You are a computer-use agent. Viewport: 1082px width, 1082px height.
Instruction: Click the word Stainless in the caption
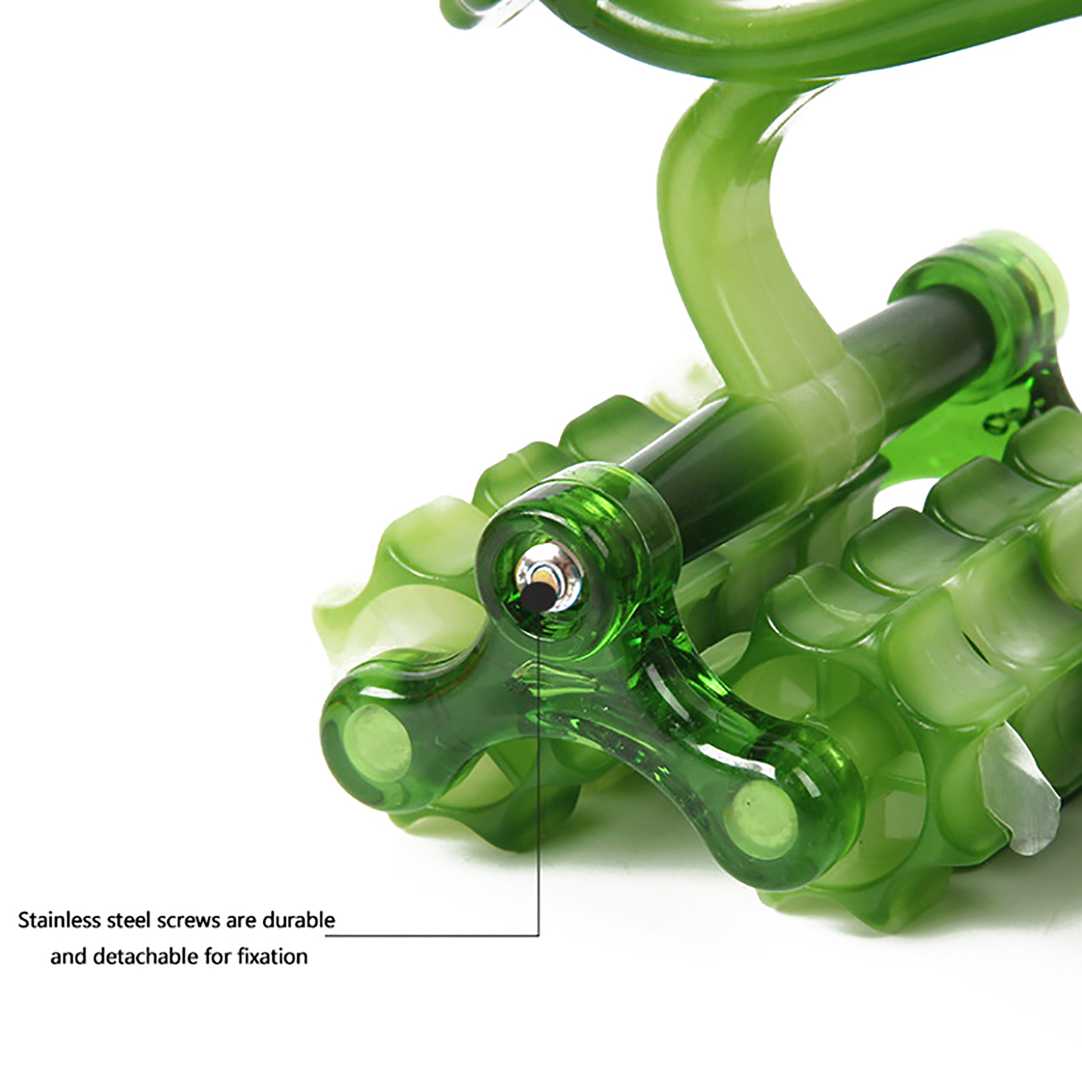point(60,920)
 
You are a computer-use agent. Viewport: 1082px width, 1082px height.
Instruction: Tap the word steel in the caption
point(130,920)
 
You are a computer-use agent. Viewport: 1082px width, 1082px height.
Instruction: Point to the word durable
point(299,920)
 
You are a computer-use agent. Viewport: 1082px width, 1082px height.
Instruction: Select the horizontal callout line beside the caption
point(433,935)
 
